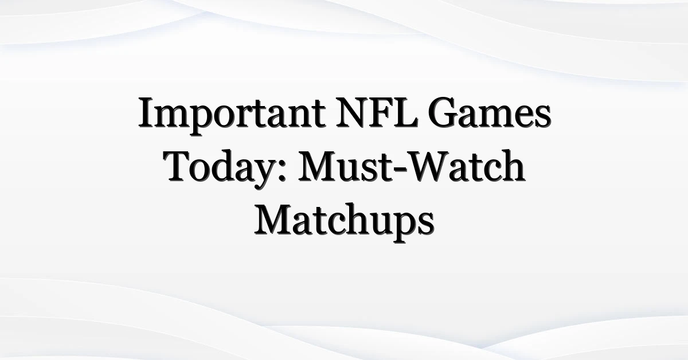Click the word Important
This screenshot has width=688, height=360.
232,115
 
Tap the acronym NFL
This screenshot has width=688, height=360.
377,112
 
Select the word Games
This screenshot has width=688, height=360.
490,112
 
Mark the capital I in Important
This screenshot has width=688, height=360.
147,112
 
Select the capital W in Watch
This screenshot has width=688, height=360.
429,166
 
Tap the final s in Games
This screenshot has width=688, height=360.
543,118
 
